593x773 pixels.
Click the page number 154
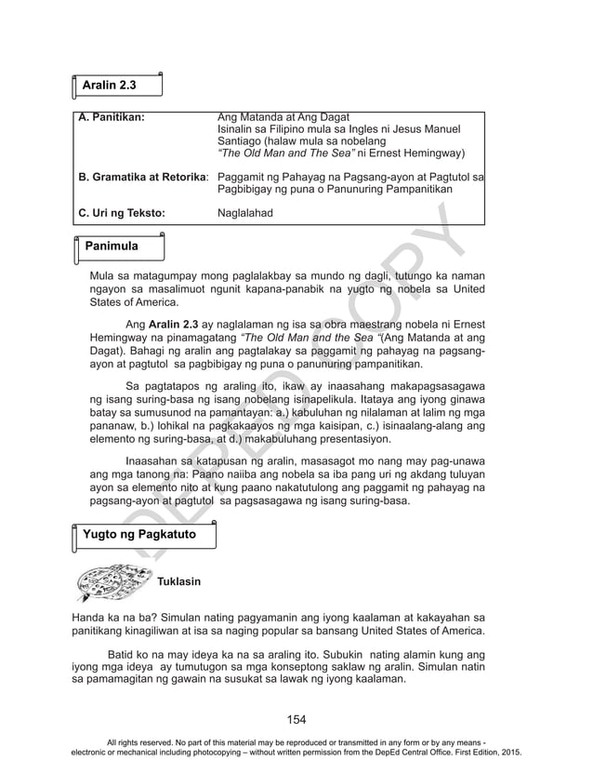[296, 719]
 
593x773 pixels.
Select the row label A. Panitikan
[112, 117]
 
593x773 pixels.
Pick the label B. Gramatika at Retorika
[143, 176]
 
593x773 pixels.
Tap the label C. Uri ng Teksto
[122, 213]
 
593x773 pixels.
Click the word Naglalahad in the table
[244, 213]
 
